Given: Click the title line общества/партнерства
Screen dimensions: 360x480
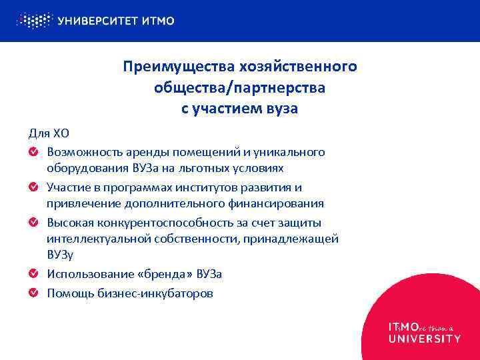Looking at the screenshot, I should (239, 88).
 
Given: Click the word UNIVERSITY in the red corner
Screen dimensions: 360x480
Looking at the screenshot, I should (424, 339).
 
